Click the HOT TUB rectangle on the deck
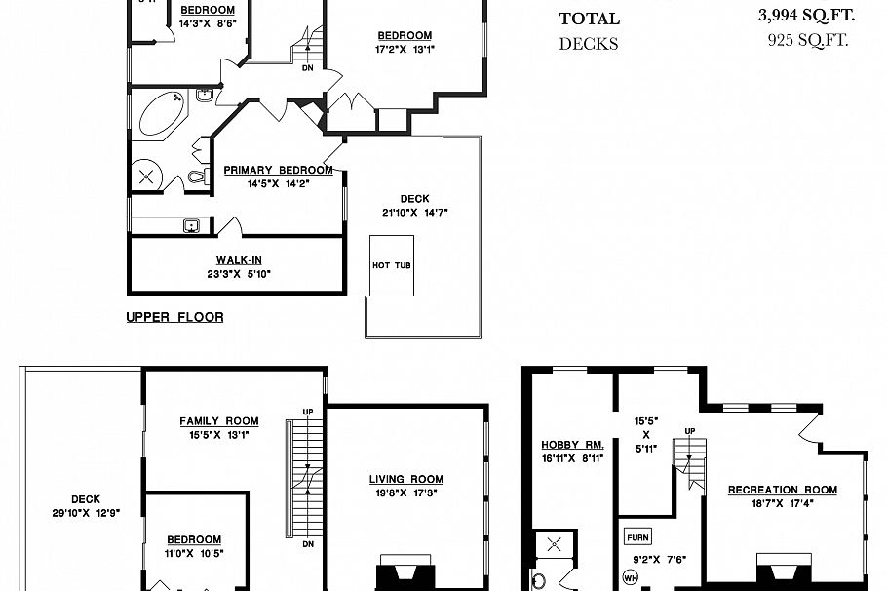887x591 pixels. click(x=391, y=264)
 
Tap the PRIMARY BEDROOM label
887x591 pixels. click(x=278, y=170)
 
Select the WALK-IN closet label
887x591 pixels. click(x=239, y=260)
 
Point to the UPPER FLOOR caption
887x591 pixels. click(x=174, y=317)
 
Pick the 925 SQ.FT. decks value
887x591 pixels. click(x=808, y=41)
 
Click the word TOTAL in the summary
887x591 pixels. click(x=589, y=19)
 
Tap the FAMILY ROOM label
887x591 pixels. click(x=219, y=421)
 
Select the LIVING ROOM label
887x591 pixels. click(x=405, y=479)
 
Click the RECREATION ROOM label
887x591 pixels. click(x=776, y=490)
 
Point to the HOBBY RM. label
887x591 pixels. click(x=573, y=445)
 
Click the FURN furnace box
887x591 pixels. click(x=637, y=537)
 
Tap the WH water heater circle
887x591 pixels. click(x=631, y=577)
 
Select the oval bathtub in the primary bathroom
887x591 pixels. click(x=163, y=113)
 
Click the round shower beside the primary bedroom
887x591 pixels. click(x=149, y=177)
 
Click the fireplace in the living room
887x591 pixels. click(x=405, y=574)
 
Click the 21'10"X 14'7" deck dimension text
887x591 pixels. click(x=415, y=213)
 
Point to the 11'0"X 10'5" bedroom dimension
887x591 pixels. click(x=193, y=553)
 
